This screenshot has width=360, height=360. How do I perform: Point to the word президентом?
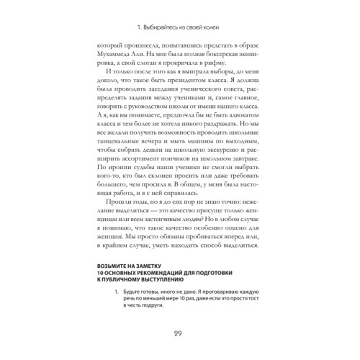tap(184, 85)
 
